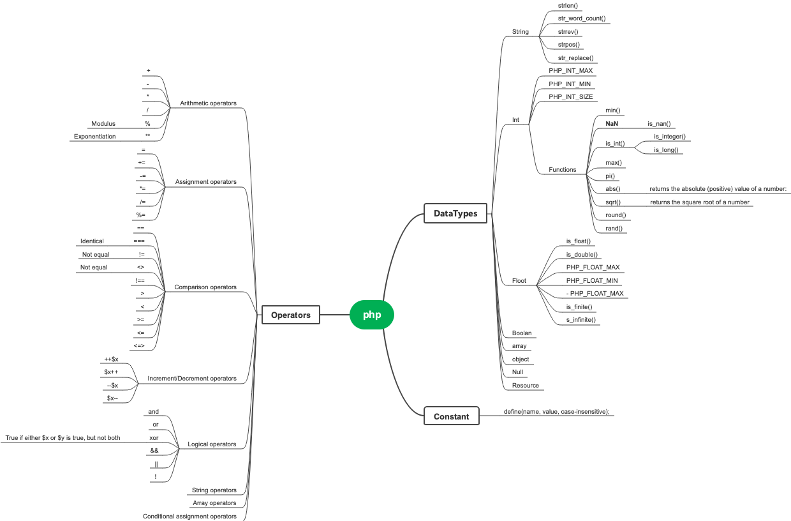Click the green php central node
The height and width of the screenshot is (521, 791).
[x=372, y=315]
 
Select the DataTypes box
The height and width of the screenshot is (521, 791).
[x=455, y=214]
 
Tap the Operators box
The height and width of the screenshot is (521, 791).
[x=290, y=315]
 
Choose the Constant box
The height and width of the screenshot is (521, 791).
[x=451, y=417]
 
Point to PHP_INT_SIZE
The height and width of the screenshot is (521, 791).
[x=570, y=97]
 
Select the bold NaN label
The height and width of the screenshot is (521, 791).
[x=612, y=124]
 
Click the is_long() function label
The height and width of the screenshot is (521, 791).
[x=666, y=150]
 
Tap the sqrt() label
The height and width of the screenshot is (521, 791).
[x=613, y=202]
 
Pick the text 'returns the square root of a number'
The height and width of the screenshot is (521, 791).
[x=699, y=202]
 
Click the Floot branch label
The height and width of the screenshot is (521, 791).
[x=519, y=281]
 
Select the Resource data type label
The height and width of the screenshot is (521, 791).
[x=525, y=386]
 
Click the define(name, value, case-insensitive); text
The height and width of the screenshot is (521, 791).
[x=556, y=412]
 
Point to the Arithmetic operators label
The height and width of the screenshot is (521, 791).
[x=208, y=103]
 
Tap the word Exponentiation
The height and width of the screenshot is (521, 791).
[x=95, y=137]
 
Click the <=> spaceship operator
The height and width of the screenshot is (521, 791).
[x=140, y=346]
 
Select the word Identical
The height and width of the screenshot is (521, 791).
[x=92, y=241]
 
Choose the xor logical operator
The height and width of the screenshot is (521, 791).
[x=153, y=438]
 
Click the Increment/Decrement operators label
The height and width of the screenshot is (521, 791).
[x=192, y=379]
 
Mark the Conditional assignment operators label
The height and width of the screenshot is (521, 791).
[x=189, y=517]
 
